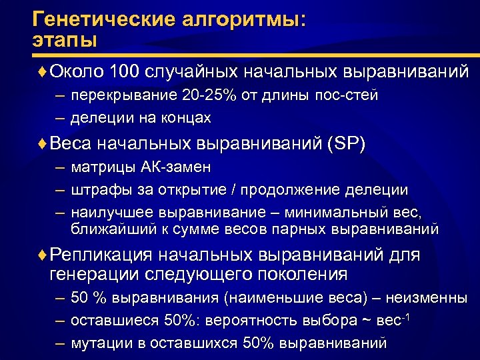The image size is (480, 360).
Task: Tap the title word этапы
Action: pos(64,39)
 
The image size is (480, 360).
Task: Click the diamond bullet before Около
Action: pos(44,71)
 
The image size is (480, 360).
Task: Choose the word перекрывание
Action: pos(123,95)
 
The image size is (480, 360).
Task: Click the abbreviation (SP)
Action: pos(347,145)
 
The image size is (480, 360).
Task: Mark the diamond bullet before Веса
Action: pos(44,145)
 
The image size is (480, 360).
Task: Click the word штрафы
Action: pos(97,190)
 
